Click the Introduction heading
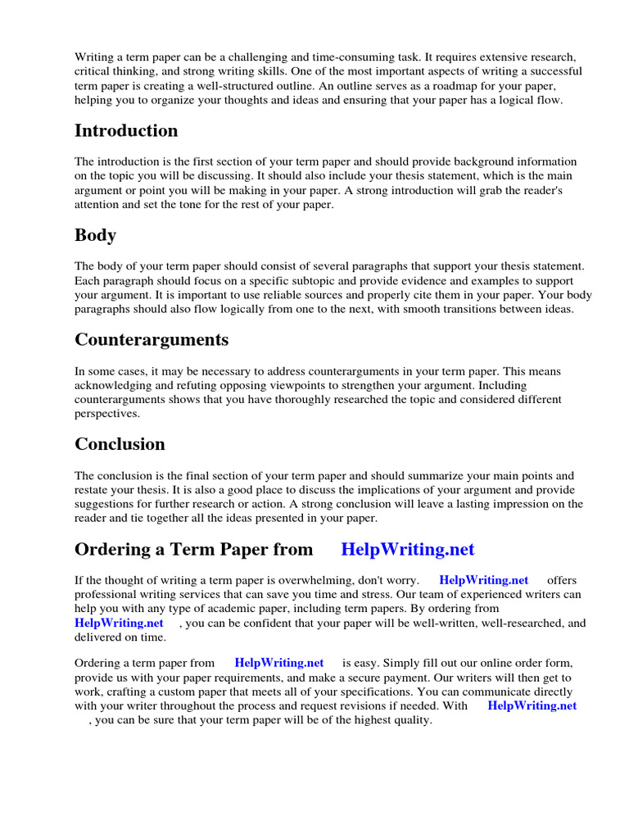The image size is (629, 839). click(126, 131)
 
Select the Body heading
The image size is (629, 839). click(95, 235)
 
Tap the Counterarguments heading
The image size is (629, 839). click(152, 339)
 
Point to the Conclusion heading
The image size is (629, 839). click(120, 444)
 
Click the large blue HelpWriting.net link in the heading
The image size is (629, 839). click(407, 549)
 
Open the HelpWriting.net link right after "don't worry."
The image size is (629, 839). click(484, 580)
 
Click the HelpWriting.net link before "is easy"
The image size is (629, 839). click(279, 662)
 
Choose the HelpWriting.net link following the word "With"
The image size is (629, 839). click(532, 705)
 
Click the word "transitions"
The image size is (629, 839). click(464, 310)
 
